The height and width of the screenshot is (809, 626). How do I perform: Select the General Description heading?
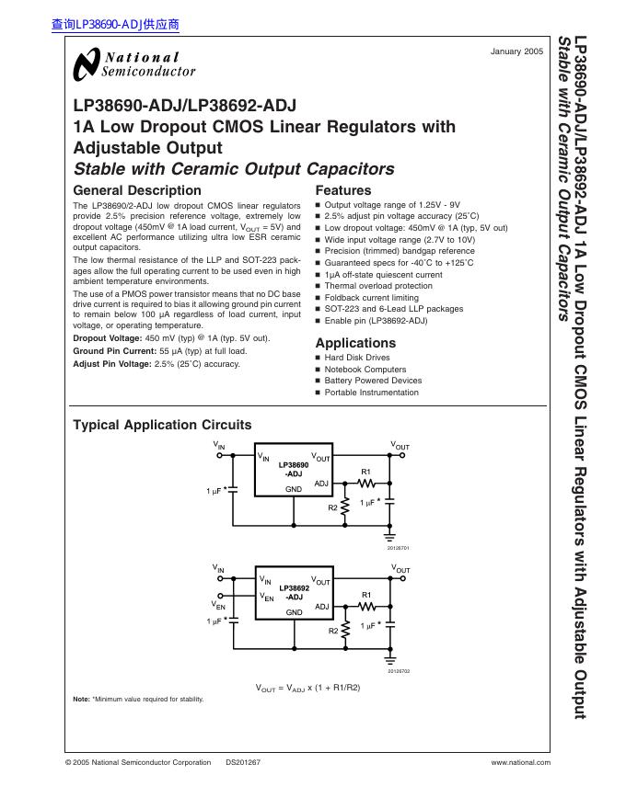click(x=137, y=190)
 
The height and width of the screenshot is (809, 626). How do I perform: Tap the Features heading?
click(x=342, y=190)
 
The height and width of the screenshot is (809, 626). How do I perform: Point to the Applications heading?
click(x=355, y=343)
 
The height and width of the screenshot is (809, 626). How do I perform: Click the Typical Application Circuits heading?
click(x=162, y=425)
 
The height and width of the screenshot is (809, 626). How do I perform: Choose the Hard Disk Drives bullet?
click(x=357, y=358)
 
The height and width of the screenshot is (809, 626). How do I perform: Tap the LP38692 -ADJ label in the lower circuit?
click(x=294, y=592)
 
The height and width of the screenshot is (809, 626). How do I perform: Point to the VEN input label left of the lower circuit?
click(x=219, y=605)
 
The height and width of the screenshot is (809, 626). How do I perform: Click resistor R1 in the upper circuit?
click(x=366, y=482)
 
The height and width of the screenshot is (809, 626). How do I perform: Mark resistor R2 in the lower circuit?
click(x=346, y=630)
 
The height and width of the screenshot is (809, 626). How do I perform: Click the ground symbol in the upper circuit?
click(x=391, y=534)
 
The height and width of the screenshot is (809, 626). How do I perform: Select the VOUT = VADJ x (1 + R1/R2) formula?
click(x=307, y=688)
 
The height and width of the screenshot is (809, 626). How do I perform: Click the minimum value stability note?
click(x=138, y=700)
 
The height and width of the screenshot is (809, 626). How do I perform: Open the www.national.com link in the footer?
click(x=521, y=762)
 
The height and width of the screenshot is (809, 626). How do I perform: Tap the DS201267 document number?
click(x=243, y=762)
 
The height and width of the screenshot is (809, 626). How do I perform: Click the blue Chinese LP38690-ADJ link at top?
click(x=115, y=26)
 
